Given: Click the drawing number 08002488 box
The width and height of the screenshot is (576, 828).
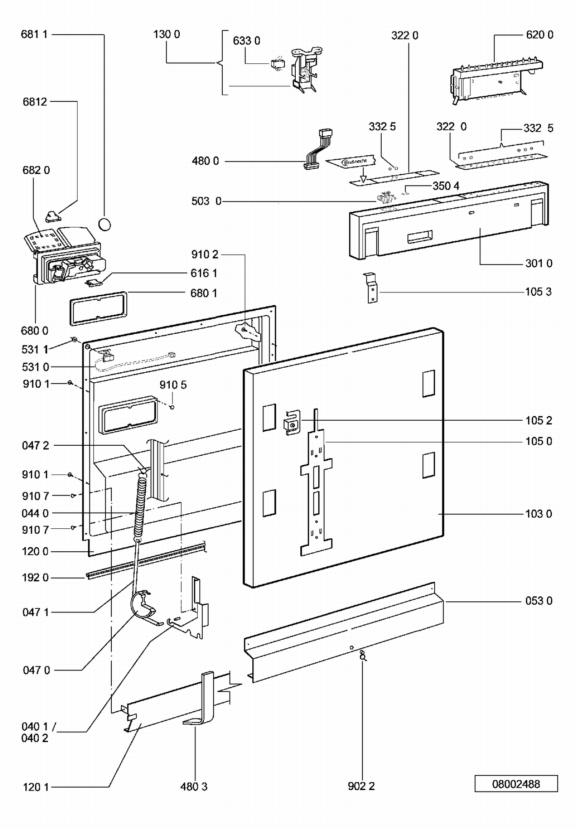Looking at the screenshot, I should pyautogui.click(x=516, y=783).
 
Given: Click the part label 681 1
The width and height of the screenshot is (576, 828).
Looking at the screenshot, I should pyautogui.click(x=34, y=34).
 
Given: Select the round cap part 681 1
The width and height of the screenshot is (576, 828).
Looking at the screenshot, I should pyautogui.click(x=104, y=224).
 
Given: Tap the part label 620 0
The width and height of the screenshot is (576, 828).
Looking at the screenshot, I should pyautogui.click(x=540, y=35).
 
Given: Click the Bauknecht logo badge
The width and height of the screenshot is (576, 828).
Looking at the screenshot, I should pyautogui.click(x=354, y=162).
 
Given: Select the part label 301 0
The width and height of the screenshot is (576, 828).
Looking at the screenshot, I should pyautogui.click(x=539, y=263).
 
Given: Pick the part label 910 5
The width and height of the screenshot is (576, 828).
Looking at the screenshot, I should pyautogui.click(x=173, y=385).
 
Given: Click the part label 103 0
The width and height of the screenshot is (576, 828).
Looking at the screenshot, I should pyautogui.click(x=538, y=514).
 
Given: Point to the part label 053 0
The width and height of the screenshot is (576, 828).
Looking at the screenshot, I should pyautogui.click(x=539, y=601).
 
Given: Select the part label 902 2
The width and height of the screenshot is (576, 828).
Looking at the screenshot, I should pyautogui.click(x=361, y=786).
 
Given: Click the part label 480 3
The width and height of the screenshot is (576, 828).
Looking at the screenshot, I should pyautogui.click(x=194, y=787).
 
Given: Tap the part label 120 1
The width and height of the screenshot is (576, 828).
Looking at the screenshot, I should pyautogui.click(x=36, y=787).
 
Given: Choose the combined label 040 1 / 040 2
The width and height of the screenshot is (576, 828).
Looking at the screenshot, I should pyautogui.click(x=36, y=732).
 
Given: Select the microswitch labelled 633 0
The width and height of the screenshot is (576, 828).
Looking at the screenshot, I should pyautogui.click(x=278, y=64).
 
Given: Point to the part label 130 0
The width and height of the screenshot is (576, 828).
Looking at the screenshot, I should pyautogui.click(x=166, y=34).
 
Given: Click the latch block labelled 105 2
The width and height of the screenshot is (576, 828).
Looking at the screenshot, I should pyautogui.click(x=292, y=423).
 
